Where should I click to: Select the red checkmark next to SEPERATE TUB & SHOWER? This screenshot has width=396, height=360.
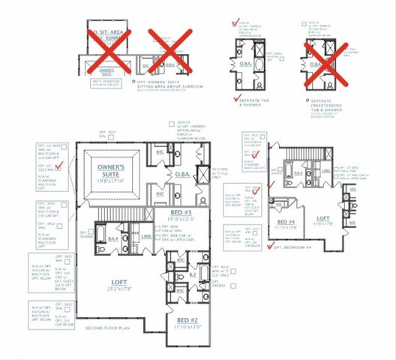click(x=235, y=99)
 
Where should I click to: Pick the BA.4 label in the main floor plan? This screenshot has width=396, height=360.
click(x=113, y=238)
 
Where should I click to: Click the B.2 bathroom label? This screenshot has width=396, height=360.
click(x=193, y=275)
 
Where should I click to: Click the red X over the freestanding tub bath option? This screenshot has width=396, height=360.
click(x=324, y=59)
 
